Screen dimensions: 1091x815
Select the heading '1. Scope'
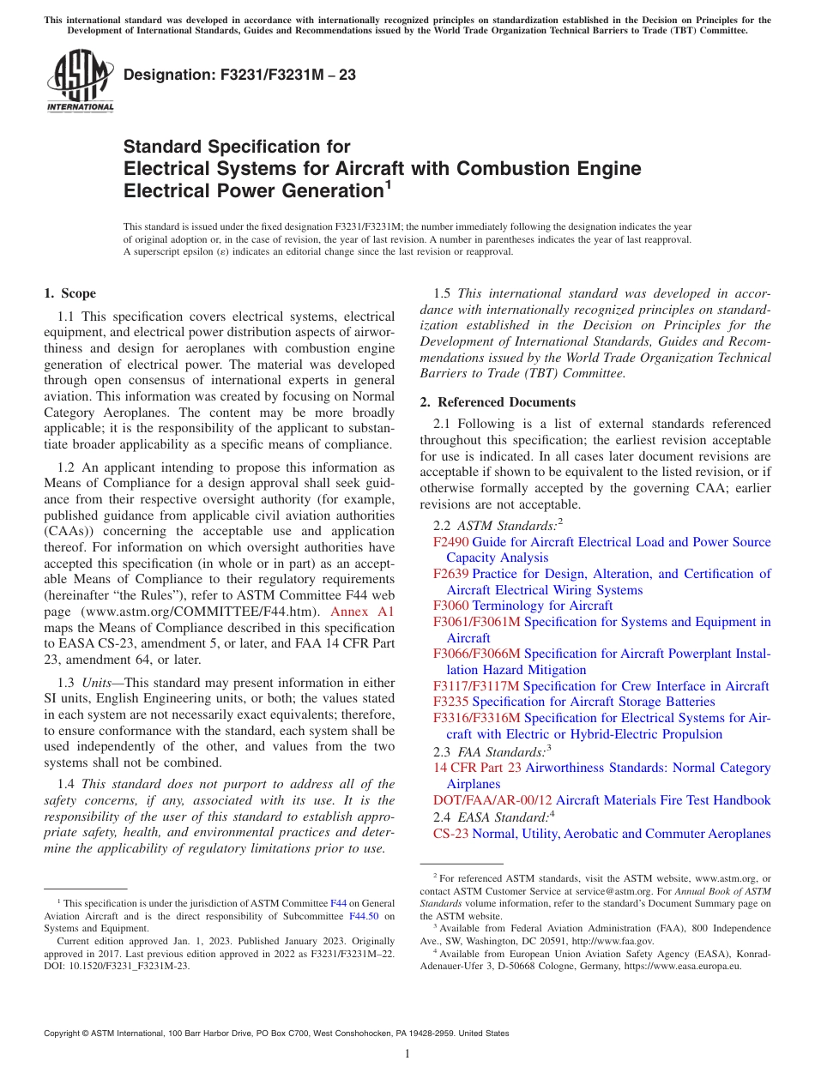pyautogui.click(x=70, y=293)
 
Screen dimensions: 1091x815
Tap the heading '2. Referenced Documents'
pyautogui.click(x=498, y=402)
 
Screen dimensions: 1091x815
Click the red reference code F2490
pyautogui.click(x=451, y=542)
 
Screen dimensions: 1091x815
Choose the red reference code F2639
pyautogui.click(x=451, y=574)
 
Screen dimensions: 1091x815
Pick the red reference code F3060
pyautogui.click(x=451, y=606)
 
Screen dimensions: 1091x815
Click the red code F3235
pyautogui.click(x=451, y=702)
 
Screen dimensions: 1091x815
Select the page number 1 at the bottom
pyautogui.click(x=407, y=1054)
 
